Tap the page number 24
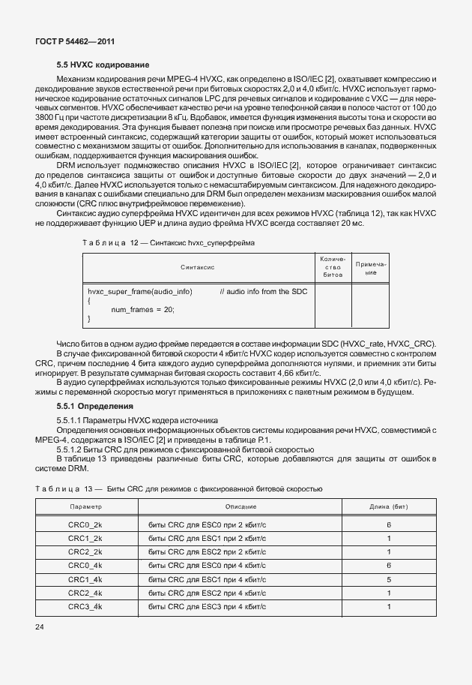click(40, 625)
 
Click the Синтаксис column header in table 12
click(198, 267)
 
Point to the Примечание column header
click(371, 268)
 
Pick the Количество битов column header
click(333, 267)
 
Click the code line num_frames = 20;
click(142, 308)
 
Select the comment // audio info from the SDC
click(264, 291)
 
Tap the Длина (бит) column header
click(389, 508)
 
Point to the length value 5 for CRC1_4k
click(389, 579)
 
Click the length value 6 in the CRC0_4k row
click(389, 565)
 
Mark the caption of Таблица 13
click(179, 488)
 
